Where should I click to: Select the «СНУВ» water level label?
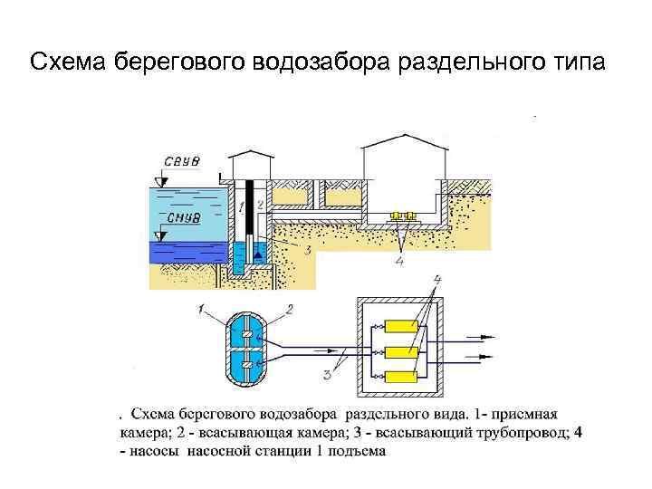pos(179,218)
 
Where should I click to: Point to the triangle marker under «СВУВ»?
pos(160,181)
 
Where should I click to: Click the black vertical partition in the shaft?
pos(248,226)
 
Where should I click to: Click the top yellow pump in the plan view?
pos(399,326)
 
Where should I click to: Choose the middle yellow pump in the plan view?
pos(399,350)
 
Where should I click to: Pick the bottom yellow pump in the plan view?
pos(399,375)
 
